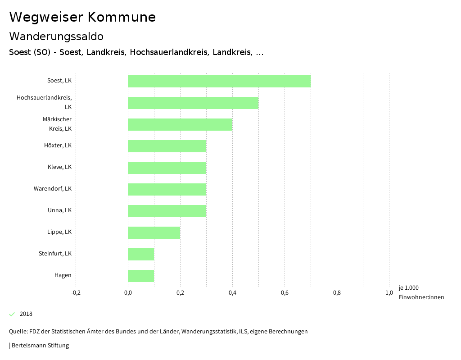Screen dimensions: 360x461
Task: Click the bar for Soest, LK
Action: (x=219, y=81)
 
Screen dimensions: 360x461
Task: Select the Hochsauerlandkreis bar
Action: (x=193, y=103)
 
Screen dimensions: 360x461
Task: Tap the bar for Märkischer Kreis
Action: (x=180, y=124)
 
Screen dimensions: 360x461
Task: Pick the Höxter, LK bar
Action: (x=167, y=146)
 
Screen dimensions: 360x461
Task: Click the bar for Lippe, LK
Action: (x=154, y=232)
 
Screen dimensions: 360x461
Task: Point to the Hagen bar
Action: (x=140, y=276)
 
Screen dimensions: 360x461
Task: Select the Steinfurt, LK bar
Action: (x=140, y=254)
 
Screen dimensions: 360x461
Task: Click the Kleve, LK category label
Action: (x=59, y=167)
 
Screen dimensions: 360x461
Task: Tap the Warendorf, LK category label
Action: (x=52, y=189)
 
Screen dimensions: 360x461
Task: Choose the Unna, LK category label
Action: (x=59, y=210)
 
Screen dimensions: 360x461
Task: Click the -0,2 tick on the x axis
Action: (x=76, y=293)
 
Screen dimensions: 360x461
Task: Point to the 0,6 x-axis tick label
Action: (x=285, y=293)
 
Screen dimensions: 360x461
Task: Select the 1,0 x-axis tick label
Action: (x=389, y=293)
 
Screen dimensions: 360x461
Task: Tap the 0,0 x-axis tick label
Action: (x=128, y=293)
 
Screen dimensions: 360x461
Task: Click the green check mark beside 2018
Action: (x=12, y=314)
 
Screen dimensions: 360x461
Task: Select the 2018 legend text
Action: (x=26, y=314)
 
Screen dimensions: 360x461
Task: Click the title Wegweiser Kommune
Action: (x=82, y=17)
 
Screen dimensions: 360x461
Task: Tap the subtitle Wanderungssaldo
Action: (x=56, y=36)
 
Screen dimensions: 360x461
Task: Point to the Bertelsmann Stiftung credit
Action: (x=40, y=346)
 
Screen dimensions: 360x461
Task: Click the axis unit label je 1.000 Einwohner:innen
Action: (x=421, y=292)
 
